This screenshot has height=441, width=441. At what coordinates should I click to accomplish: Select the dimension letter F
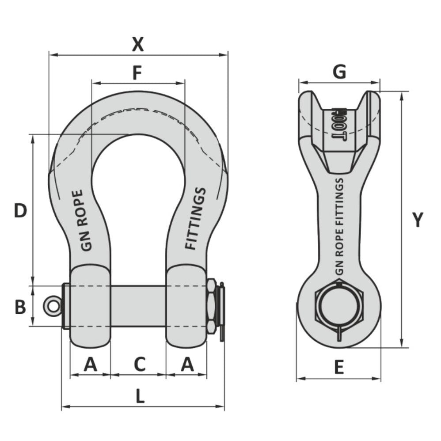tap(137, 73)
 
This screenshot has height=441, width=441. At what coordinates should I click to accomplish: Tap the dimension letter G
tap(339, 72)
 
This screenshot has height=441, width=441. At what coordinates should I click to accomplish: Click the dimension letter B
tap(20, 307)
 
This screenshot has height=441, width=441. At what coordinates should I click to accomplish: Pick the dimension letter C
tap(139, 365)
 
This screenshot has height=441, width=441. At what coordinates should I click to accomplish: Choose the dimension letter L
tap(140, 397)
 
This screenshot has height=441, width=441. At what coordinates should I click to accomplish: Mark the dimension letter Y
tap(418, 220)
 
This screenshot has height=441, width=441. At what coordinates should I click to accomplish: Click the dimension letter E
tap(338, 368)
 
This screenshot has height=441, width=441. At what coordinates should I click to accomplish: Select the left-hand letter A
tap(90, 365)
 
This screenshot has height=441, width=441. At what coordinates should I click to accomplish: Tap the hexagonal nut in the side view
tap(338, 306)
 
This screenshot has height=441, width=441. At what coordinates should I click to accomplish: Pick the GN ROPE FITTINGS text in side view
tap(339, 225)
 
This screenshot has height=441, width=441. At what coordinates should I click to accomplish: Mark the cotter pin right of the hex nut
tap(222, 309)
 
